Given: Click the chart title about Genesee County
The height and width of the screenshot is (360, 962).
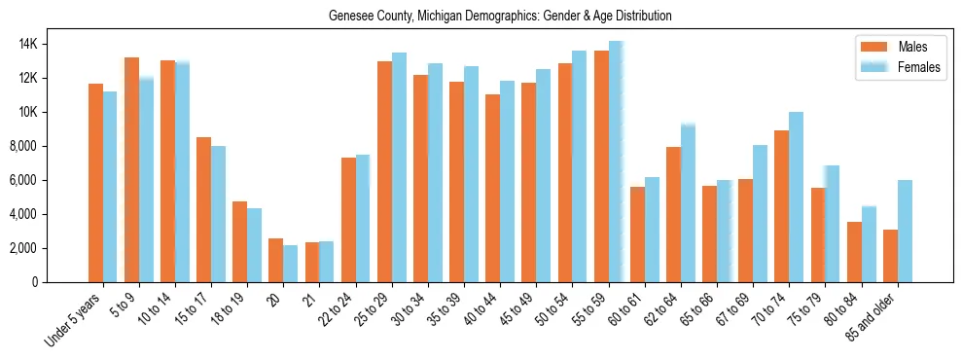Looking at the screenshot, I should click(500, 17).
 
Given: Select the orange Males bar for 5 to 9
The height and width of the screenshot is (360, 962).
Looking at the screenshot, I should click(131, 170).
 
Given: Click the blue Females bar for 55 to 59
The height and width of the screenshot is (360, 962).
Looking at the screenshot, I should click(616, 162).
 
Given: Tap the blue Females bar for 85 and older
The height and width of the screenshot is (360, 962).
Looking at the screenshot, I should click(905, 232).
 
